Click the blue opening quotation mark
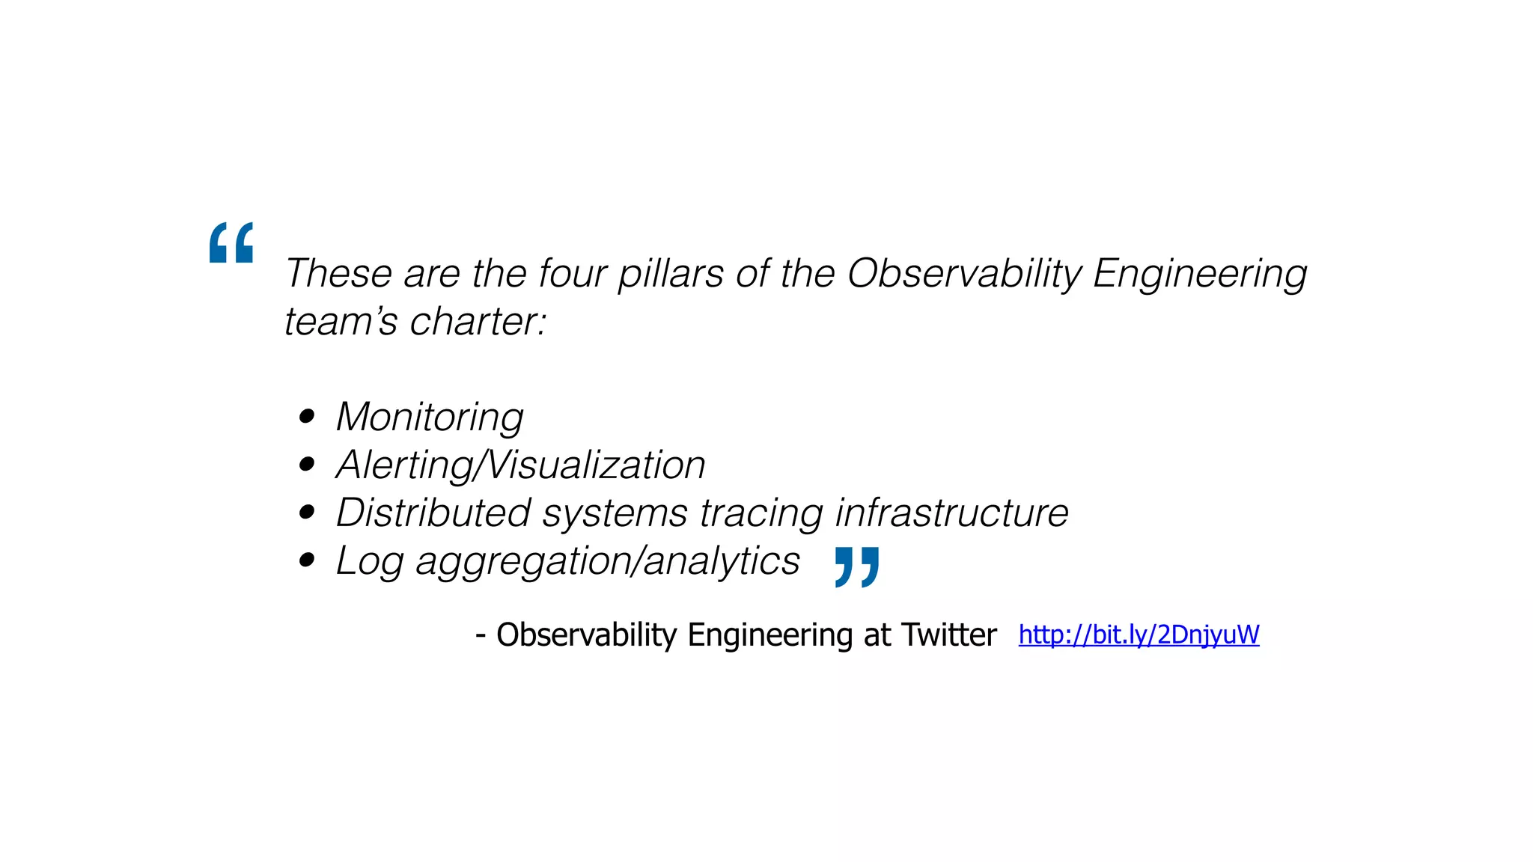(x=231, y=242)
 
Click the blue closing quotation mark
(x=857, y=566)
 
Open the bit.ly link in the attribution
(x=1139, y=635)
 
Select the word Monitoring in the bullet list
(x=430, y=417)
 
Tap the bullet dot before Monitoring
(x=306, y=417)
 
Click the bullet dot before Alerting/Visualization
(x=306, y=465)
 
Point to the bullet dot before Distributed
(x=306, y=513)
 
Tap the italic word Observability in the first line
(x=964, y=273)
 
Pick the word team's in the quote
(x=341, y=322)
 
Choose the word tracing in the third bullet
(x=761, y=514)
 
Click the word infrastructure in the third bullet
(x=951, y=513)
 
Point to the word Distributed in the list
(x=433, y=513)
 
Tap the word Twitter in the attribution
(x=948, y=635)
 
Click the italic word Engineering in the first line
(x=1199, y=274)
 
